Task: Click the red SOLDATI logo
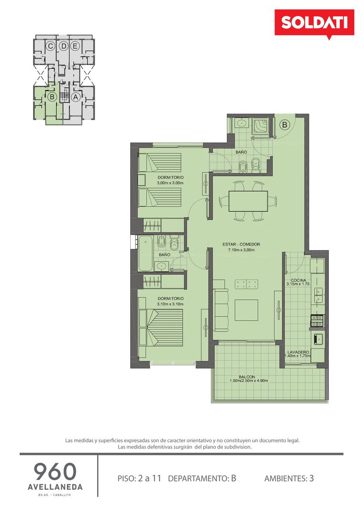[314, 23]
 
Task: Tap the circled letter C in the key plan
[50, 46]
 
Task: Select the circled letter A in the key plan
[76, 97]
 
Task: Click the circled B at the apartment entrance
[284, 125]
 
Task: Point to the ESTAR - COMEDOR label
[241, 244]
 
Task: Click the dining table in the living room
[248, 201]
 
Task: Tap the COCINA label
[298, 280]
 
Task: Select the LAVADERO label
[298, 352]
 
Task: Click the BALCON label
[247, 377]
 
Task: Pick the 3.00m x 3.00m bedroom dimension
[170, 183]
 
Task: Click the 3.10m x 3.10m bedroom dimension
[170, 304]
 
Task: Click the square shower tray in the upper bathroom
[261, 126]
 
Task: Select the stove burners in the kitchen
[317, 321]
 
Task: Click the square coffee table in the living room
[246, 310]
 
